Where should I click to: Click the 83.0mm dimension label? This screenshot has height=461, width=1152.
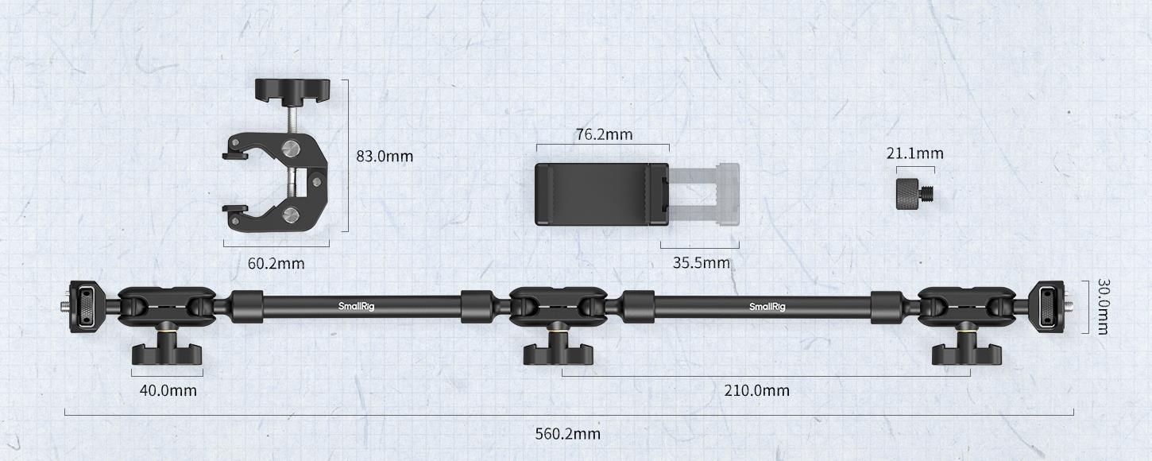(x=385, y=156)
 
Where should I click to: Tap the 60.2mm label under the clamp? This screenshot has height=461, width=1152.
(x=276, y=263)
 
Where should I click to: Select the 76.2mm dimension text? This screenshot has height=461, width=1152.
(x=604, y=134)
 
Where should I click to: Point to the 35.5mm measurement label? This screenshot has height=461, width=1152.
(x=702, y=262)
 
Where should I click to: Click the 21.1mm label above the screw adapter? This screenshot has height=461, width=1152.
(x=915, y=153)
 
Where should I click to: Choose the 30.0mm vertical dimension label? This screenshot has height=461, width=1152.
(x=1103, y=307)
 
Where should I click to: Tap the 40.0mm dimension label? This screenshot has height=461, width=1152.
(x=168, y=390)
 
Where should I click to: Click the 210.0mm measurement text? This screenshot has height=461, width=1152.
(x=757, y=390)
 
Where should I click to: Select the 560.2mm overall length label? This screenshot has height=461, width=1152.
(x=568, y=434)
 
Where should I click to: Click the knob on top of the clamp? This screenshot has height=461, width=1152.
(x=292, y=90)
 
